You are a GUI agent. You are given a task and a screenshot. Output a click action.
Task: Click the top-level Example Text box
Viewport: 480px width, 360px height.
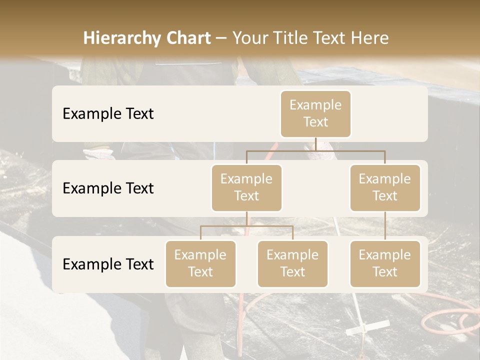point(315,114)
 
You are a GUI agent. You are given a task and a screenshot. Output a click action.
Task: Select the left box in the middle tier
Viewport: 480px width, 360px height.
point(246,188)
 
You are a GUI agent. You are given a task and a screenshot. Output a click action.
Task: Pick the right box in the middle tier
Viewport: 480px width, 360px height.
point(385,188)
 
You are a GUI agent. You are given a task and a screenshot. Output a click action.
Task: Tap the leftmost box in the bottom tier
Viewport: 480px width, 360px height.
point(200,264)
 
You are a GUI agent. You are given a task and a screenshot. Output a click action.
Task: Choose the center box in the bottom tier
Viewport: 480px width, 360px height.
point(292,264)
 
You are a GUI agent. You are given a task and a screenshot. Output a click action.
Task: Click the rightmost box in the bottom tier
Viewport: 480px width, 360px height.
point(385,264)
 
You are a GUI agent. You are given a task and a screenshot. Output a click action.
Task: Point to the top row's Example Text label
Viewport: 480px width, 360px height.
point(108,114)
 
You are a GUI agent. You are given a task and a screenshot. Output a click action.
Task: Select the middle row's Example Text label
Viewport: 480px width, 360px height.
point(108,188)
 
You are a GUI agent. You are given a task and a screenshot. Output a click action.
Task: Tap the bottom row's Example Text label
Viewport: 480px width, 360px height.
point(108,264)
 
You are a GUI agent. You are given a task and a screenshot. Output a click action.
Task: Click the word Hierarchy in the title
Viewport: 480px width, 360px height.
point(122,38)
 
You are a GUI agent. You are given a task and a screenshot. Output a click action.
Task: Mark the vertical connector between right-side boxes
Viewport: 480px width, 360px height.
point(385,225)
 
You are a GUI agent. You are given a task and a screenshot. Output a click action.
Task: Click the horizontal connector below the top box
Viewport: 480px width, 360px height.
point(315,150)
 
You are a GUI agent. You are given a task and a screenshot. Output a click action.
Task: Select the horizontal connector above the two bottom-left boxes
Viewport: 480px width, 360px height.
point(246,226)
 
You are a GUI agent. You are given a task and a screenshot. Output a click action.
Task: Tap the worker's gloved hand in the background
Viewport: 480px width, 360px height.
point(98,153)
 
